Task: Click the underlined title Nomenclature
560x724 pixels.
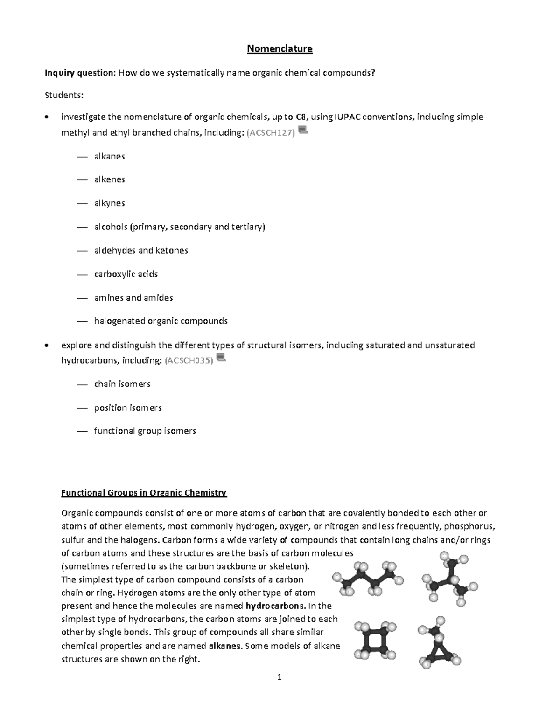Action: pyautogui.click(x=280, y=48)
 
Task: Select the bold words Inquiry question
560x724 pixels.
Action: pyautogui.click(x=79, y=73)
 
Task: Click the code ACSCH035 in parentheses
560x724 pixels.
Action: pyautogui.click(x=189, y=360)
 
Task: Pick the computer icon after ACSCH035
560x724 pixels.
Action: pyautogui.click(x=221, y=358)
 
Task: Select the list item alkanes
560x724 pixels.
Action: pyautogui.click(x=109, y=156)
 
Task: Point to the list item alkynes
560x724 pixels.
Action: pyautogui.click(x=109, y=203)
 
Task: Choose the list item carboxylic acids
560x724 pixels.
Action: pyautogui.click(x=126, y=274)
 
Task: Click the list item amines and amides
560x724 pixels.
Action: pyautogui.click(x=133, y=298)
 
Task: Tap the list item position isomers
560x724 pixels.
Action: pyautogui.click(x=128, y=408)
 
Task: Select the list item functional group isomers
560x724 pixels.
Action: pyautogui.click(x=145, y=431)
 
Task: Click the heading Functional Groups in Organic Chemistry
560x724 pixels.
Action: pyautogui.click(x=144, y=493)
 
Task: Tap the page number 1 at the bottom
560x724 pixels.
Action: pyautogui.click(x=280, y=677)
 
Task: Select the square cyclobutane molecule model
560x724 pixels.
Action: pyautogui.click(x=375, y=640)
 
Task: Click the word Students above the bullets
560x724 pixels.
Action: pyautogui.click(x=64, y=95)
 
